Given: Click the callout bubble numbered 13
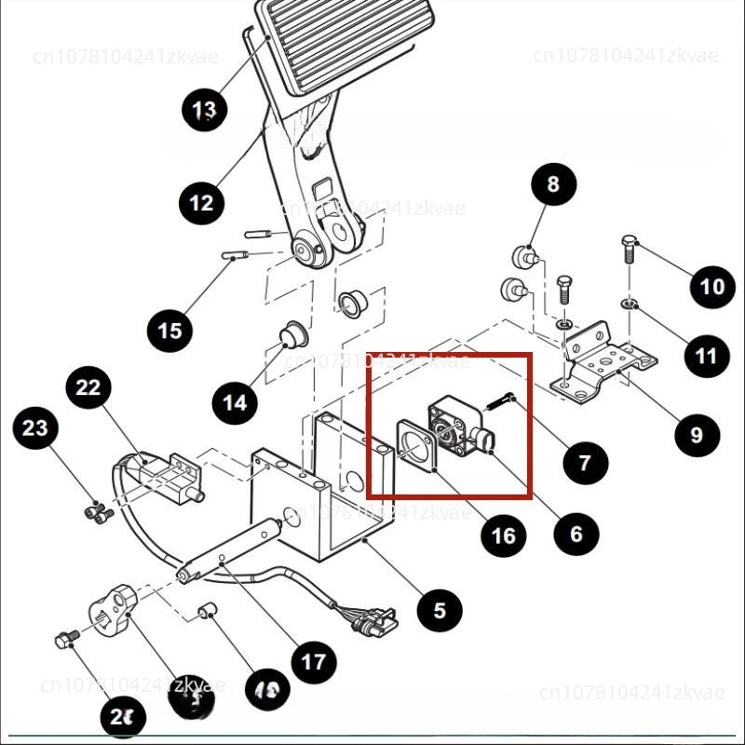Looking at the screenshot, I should pyautogui.click(x=204, y=111).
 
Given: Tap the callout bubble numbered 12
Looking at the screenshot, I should pyautogui.click(x=202, y=201).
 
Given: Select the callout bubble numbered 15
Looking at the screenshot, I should pyautogui.click(x=170, y=330).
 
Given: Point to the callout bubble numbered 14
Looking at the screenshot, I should pyautogui.click(x=236, y=402).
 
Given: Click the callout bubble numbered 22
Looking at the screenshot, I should pyautogui.click(x=88, y=388).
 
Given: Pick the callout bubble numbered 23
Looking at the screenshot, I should pyautogui.click(x=35, y=428).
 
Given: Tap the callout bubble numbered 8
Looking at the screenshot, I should pyautogui.click(x=554, y=184).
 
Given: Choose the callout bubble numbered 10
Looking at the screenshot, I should pyautogui.click(x=712, y=285).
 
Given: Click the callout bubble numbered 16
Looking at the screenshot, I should pyautogui.click(x=503, y=535).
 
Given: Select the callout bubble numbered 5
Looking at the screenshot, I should pyautogui.click(x=440, y=610).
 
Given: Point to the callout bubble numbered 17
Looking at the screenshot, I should pyautogui.click(x=314, y=661).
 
